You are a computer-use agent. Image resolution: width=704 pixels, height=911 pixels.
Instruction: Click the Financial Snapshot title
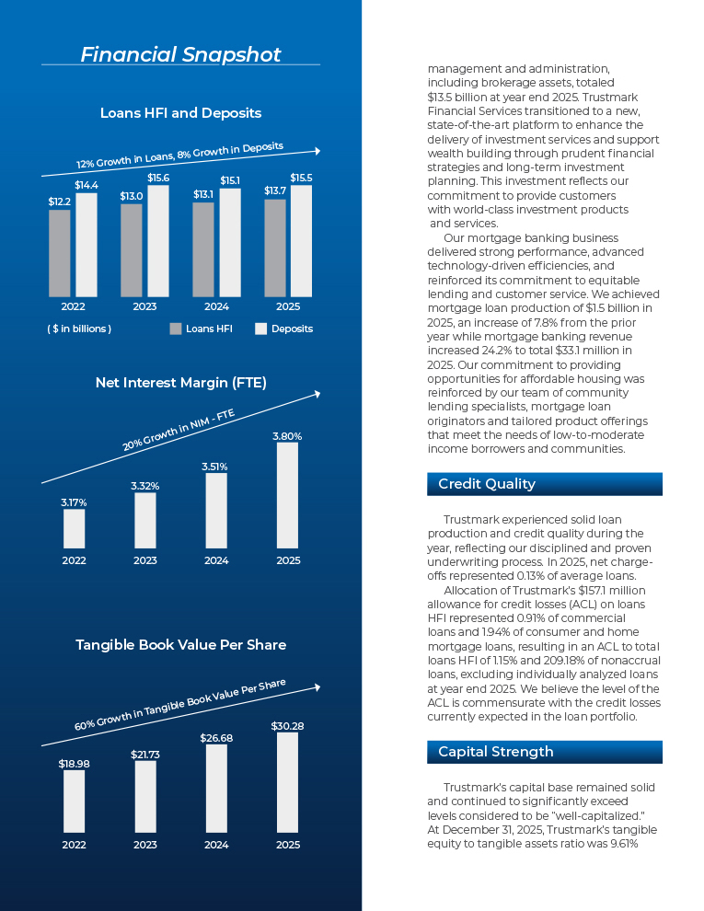[x=180, y=54]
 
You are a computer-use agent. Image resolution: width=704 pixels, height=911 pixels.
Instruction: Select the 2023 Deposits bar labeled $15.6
[x=158, y=241]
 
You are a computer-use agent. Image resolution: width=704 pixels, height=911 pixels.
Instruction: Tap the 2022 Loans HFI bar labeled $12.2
[x=59, y=253]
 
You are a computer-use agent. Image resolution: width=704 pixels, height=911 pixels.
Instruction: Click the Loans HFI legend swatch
[x=176, y=329]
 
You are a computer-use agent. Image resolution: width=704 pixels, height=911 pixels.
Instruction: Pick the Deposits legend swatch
[x=260, y=329]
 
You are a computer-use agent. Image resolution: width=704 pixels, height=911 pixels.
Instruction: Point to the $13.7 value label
[x=275, y=190]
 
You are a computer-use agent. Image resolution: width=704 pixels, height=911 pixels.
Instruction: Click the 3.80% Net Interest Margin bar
[x=287, y=496]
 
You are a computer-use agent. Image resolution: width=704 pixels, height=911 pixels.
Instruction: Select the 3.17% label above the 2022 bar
[x=74, y=502]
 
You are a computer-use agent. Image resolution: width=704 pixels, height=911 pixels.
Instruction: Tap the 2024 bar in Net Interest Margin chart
[x=216, y=511]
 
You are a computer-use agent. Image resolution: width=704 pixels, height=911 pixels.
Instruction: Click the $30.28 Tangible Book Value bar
[x=287, y=782]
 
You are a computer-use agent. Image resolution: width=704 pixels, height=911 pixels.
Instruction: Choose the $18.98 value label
[x=74, y=764]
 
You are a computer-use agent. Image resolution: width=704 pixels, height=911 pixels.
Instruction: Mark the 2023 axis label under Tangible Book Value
[x=145, y=845]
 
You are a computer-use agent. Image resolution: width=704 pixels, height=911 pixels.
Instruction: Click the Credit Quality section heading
[x=487, y=484]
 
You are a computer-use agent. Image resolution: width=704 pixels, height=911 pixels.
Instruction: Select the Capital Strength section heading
[x=495, y=752]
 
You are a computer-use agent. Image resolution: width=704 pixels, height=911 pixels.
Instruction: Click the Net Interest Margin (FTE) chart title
[x=180, y=383]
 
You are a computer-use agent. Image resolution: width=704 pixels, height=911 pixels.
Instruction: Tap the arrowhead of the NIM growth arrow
[x=317, y=395]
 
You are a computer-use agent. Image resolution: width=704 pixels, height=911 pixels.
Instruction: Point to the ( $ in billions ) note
[x=79, y=329]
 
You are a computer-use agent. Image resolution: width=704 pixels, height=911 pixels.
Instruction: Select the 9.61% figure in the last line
[x=624, y=844]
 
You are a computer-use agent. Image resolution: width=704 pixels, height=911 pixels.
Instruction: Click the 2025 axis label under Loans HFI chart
[x=288, y=306]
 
